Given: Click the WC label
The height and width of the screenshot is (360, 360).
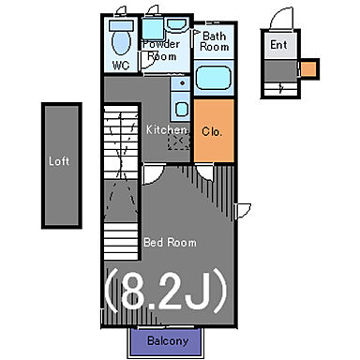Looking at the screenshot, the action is point(121,66).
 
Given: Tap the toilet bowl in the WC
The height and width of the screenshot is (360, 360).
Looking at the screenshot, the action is point(121,43).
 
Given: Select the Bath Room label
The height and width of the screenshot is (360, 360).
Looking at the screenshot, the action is point(214,41).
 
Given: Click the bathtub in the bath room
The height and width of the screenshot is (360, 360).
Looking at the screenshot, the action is point(214,78).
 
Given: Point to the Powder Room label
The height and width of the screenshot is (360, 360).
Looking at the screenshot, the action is point(161,50).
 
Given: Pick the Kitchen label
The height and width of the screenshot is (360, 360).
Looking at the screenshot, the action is point(166,129).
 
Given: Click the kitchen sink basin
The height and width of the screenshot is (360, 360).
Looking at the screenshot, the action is point(181,110).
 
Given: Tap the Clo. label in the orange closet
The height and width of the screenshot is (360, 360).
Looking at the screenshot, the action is point(212,131).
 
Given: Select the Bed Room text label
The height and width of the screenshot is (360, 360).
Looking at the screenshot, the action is point(170,243).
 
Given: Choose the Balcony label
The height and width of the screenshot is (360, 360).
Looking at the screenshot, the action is point(168,340).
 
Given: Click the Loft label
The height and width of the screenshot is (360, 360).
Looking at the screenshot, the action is point(59,161).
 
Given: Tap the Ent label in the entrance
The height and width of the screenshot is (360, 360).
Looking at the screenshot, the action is point(278,45).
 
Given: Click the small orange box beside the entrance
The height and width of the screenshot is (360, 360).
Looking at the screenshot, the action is point(309,68).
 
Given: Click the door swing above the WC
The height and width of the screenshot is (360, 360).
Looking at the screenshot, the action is point(120,11).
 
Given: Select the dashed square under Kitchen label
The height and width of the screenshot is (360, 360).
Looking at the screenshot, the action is point(179,141).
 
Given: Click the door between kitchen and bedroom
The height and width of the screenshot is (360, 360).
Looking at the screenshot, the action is point(153,174).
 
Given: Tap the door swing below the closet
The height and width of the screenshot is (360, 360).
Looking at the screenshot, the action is point(205,172).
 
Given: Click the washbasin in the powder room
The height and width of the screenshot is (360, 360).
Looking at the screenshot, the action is point(176,24).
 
